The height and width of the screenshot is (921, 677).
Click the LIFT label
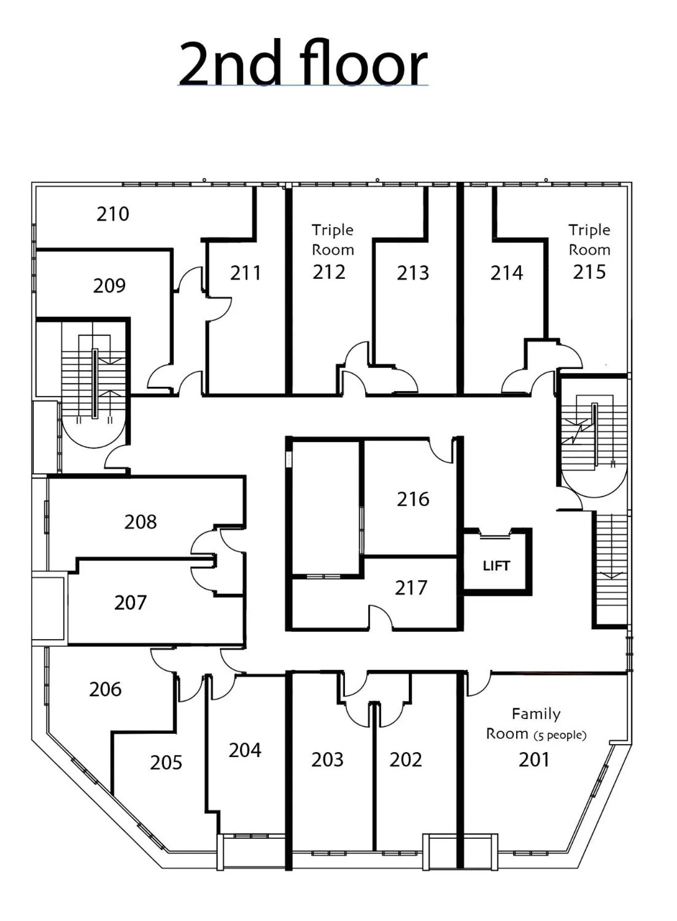coord(496,565)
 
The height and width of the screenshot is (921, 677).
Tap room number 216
coord(413,499)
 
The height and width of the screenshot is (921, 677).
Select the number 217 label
coord(411,588)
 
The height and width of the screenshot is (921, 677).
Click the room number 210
coord(113,214)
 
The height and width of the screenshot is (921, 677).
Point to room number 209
coord(109,286)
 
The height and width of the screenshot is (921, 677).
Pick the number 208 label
coord(141,522)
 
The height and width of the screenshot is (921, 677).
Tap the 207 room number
coord(131,603)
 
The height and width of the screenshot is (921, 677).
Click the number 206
coord(105,689)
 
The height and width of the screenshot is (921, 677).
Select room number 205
coord(166,763)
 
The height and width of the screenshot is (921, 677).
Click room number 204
coord(245,750)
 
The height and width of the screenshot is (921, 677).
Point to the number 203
coord(327,760)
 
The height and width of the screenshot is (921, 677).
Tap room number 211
coord(245,273)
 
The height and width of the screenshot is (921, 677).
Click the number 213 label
coord(413,273)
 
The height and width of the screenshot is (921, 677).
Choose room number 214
coord(507,273)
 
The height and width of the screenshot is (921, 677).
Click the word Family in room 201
coord(536,714)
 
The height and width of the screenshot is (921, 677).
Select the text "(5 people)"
coord(560,735)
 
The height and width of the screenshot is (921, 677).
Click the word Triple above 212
coord(333,230)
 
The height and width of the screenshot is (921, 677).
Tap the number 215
coord(589,272)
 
